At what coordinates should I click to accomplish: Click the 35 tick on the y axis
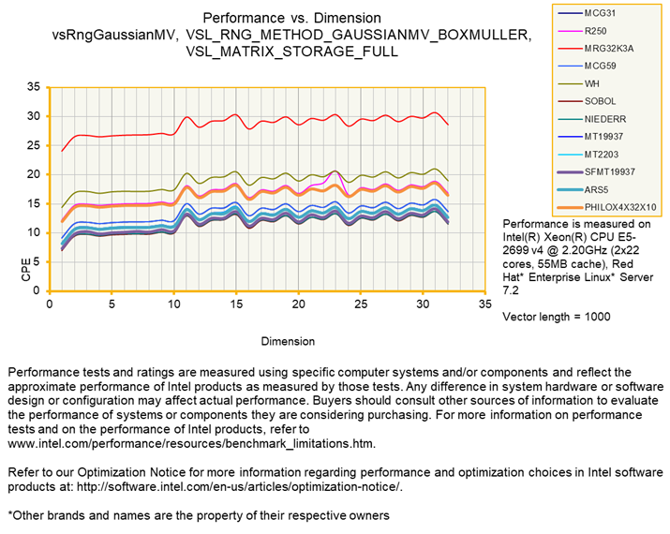tap(34, 87)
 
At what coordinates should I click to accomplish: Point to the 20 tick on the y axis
tap(34, 174)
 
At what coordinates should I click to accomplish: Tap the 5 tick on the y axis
tap(37, 261)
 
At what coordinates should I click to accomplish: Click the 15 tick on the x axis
tap(236, 304)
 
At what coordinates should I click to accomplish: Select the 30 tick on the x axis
tap(423, 304)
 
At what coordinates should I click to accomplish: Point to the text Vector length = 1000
tap(557, 317)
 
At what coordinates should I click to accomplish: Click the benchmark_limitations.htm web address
tap(192, 442)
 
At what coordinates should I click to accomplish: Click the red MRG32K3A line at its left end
tap(63, 150)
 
